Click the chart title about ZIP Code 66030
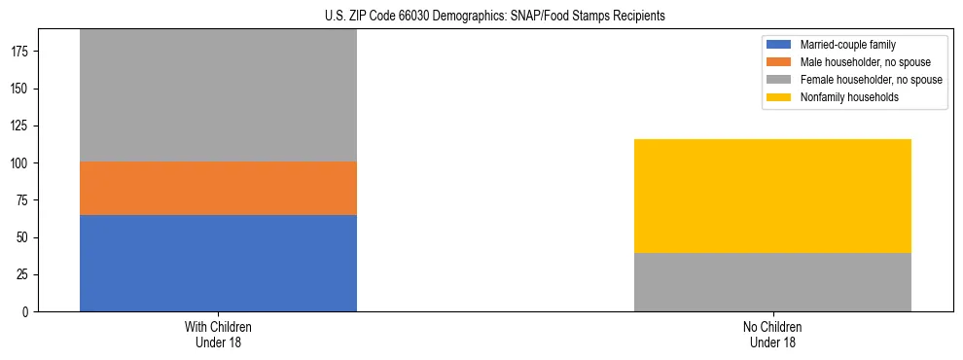coord(495,17)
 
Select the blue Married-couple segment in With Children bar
coord(218,263)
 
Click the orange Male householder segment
coord(218,188)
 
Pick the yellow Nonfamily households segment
coord(772,196)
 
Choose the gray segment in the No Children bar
coord(772,282)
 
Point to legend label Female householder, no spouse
coord(871,80)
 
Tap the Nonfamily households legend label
coord(849,97)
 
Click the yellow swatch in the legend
coord(780,97)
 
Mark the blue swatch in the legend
coord(780,45)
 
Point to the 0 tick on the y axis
coord(27,312)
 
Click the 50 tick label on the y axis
coord(24,238)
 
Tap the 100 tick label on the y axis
coord(21,163)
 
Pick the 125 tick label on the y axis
coord(21,126)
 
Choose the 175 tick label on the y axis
coord(21,53)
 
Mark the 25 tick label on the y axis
coord(24,275)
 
